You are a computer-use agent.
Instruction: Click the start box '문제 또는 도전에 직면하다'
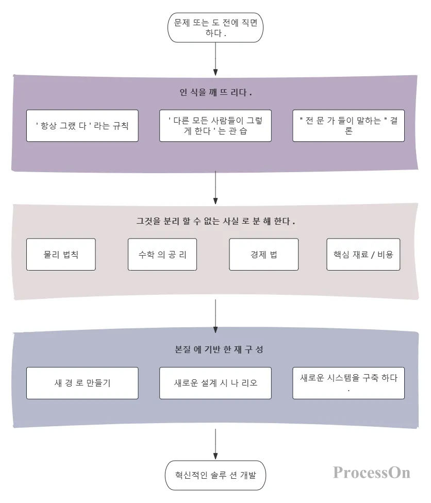(215, 28)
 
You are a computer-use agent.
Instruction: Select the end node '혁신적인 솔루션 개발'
(215, 475)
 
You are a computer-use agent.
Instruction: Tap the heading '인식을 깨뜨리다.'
(215, 92)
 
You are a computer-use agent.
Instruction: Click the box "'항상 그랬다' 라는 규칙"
(82, 126)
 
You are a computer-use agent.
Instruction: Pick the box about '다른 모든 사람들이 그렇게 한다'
(215, 126)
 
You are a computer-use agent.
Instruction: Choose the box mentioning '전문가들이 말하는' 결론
(349, 126)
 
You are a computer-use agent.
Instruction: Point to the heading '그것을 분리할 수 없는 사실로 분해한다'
(215, 221)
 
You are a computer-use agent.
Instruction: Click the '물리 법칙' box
(61, 255)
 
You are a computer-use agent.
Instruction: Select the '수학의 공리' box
(162, 255)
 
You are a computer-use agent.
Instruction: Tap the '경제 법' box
(264, 255)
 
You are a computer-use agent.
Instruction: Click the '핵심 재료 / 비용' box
(363, 255)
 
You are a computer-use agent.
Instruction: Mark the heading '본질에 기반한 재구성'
(219, 349)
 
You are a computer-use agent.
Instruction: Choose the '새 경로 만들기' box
(82, 383)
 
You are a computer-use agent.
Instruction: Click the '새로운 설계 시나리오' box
(215, 383)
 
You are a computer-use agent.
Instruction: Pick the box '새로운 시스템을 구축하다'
(349, 383)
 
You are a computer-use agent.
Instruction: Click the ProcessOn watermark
(372, 473)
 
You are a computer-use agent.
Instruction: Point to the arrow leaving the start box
(215, 59)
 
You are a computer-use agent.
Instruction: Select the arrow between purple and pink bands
(215, 188)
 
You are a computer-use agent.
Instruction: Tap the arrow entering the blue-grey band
(215, 316)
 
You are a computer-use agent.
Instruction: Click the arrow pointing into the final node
(215, 444)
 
